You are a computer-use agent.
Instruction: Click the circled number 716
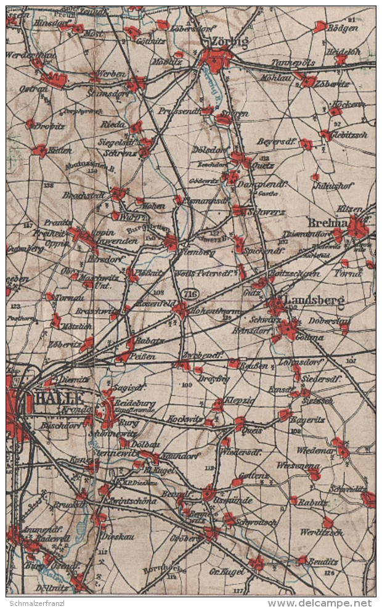coord(190,294)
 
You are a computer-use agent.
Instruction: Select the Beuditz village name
coord(323,562)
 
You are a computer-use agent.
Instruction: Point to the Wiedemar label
coord(315,450)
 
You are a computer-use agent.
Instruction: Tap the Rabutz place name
coord(313,501)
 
